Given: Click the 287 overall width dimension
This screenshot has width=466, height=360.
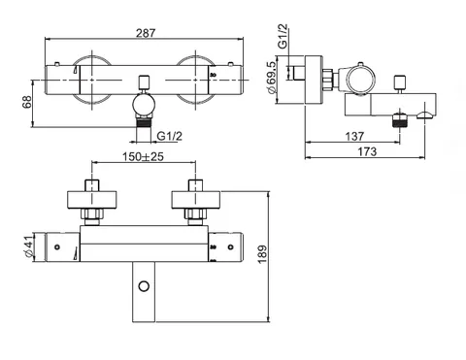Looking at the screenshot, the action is click(x=146, y=33).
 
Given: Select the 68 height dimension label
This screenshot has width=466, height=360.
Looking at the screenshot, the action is click(x=27, y=102).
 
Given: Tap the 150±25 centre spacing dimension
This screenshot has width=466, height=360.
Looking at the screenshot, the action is click(x=143, y=157).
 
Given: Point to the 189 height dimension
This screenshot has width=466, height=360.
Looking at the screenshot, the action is click(x=263, y=254).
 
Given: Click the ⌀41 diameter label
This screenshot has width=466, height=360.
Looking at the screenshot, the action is click(x=29, y=246).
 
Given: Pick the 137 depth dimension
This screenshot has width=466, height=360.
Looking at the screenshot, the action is click(x=354, y=136).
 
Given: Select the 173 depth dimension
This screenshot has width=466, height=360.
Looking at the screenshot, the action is click(x=367, y=151).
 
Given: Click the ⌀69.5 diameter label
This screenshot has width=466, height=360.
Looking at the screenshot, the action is click(x=272, y=78).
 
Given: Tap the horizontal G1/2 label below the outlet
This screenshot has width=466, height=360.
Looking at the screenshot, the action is click(x=169, y=136).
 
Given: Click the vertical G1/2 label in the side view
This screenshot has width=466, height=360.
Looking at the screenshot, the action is click(x=283, y=37).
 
